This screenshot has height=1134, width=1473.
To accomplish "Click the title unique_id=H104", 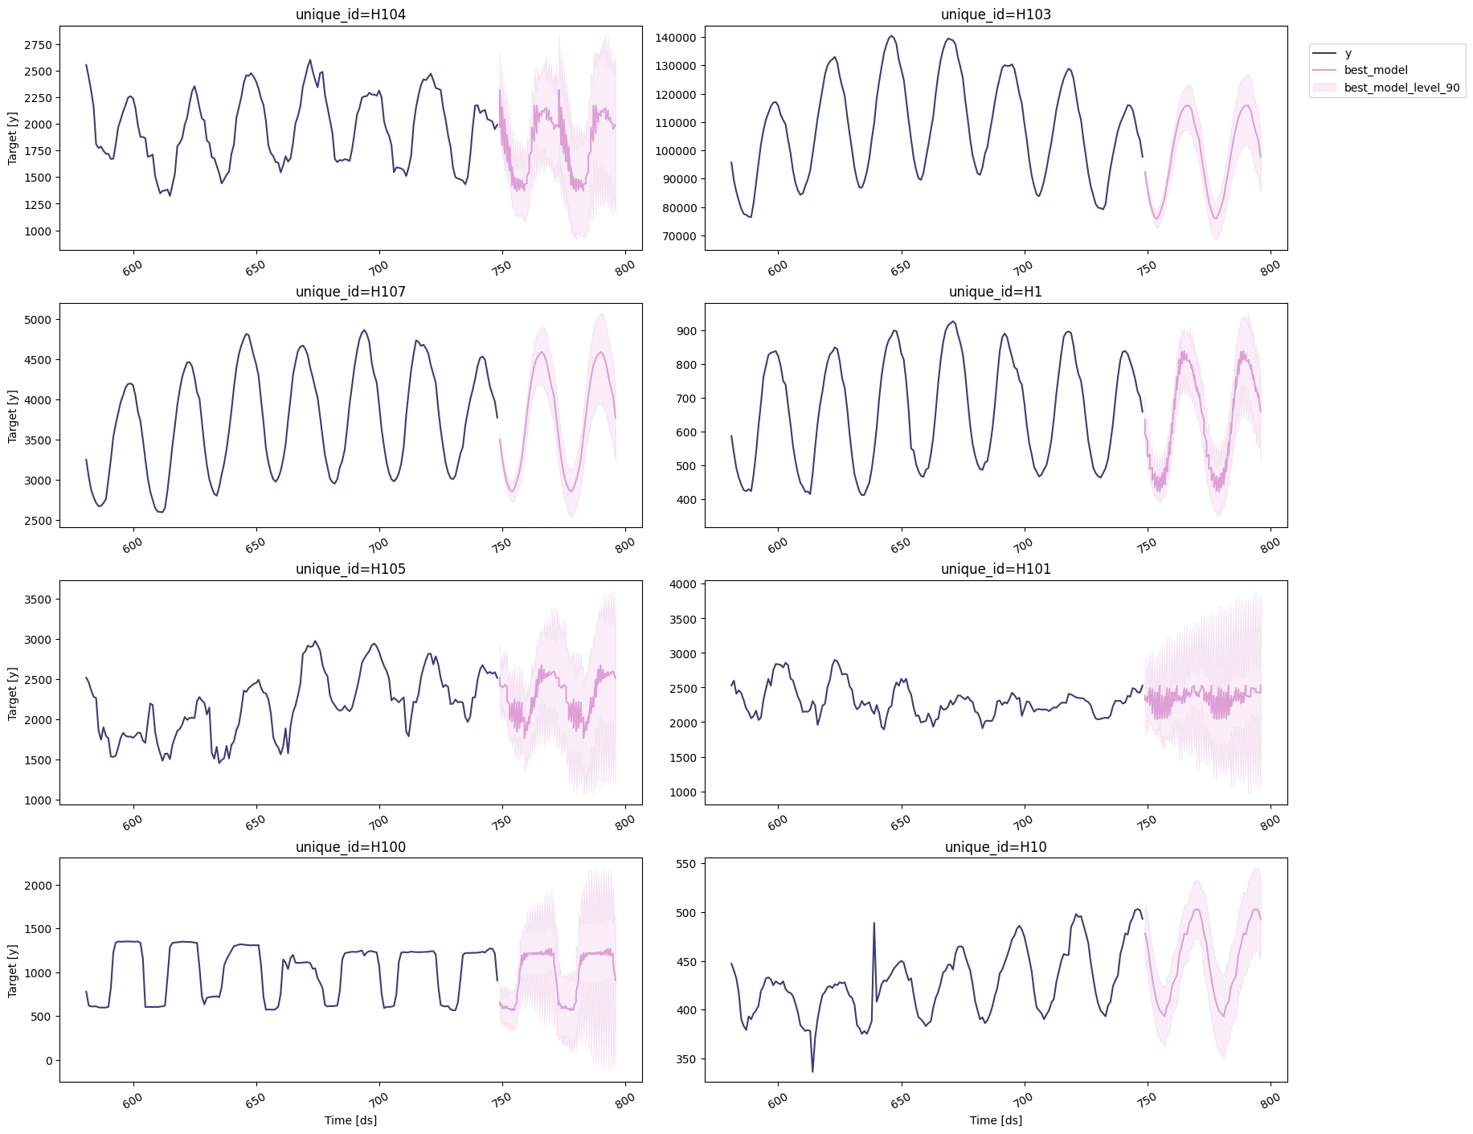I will [350, 14].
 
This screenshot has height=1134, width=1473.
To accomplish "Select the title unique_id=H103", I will [996, 14].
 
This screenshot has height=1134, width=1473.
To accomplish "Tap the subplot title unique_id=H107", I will [350, 292].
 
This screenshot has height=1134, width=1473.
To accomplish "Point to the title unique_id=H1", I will [996, 292].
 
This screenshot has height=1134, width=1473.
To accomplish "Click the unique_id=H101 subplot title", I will [996, 569].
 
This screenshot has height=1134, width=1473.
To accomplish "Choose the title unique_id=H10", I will [996, 847].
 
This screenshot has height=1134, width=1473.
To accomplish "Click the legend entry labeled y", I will [1348, 53].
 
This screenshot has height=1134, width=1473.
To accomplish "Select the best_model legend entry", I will [1376, 70].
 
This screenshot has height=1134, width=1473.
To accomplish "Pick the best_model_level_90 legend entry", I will [1401, 88].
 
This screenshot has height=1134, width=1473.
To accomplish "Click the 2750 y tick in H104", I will [38, 45].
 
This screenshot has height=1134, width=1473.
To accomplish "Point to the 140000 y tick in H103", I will [675, 38].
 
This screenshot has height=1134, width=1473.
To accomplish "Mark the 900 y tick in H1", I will [687, 331].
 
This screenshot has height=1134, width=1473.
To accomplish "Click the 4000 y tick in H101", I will [683, 584].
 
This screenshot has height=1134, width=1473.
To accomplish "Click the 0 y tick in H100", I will [49, 1061].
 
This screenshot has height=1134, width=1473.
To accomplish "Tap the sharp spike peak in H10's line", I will [874, 923].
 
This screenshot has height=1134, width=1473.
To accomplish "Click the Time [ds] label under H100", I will [350, 1120].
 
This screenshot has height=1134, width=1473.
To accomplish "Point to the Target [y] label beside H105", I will [12, 693].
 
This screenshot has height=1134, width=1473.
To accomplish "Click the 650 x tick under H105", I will [256, 822].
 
